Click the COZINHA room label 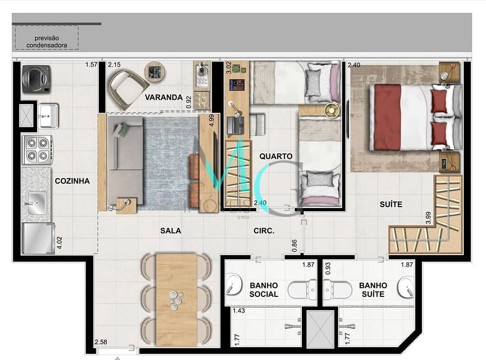72,181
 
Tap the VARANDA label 164,97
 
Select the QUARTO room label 276,156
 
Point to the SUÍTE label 391,204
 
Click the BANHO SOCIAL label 264,290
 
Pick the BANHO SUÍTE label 373,290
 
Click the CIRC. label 264,231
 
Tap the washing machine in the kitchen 36,78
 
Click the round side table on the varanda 155,72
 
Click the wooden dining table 177,299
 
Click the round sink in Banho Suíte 406,287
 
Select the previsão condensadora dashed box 47,38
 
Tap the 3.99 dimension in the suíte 428,218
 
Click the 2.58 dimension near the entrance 101,342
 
